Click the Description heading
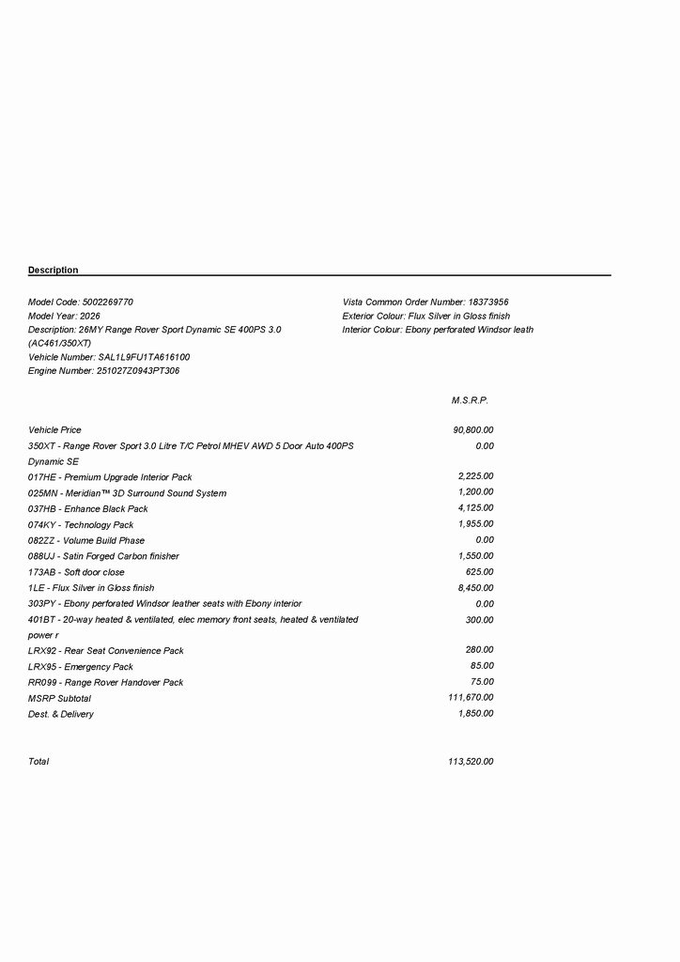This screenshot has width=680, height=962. click(x=54, y=271)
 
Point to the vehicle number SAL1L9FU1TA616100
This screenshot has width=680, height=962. click(x=144, y=358)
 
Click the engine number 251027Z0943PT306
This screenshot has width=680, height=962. click(x=138, y=371)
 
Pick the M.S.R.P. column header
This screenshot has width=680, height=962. click(x=470, y=400)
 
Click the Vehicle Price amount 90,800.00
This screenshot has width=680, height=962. click(x=472, y=430)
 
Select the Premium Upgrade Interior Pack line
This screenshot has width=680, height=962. click(x=110, y=477)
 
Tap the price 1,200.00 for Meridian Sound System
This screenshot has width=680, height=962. click(x=475, y=492)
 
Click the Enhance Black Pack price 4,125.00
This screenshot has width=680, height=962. click(x=475, y=508)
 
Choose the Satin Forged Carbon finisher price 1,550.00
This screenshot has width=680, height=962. click(x=475, y=556)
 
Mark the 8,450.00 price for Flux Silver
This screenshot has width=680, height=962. click(x=475, y=587)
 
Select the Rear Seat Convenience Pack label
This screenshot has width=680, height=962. click(x=106, y=650)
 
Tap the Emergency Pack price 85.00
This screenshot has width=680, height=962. click(x=482, y=666)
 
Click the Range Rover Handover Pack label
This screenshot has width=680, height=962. click(x=106, y=682)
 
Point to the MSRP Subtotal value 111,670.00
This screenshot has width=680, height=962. click(x=471, y=698)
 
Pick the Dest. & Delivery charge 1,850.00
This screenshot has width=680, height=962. click(x=475, y=714)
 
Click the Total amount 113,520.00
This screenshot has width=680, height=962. click(x=471, y=761)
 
